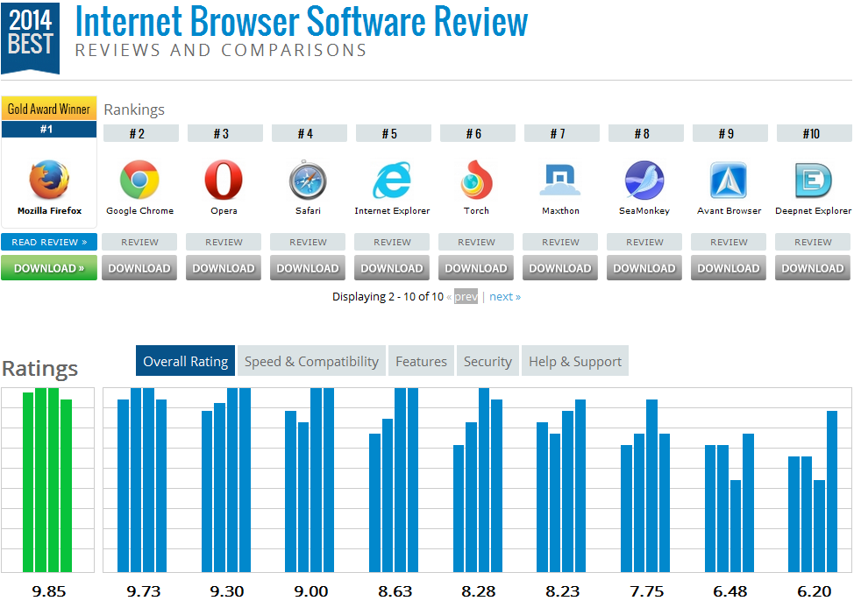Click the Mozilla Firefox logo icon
49,180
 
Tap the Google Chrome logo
139,180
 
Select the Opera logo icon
224,180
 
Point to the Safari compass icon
308,180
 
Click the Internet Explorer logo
392,180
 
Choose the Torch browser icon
476,180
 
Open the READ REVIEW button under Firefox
49,242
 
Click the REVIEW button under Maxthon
560,242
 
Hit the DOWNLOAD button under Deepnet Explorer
813,268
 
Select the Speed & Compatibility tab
311,361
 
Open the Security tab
487,361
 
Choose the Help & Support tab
574,361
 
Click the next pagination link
504,296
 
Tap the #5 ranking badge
389,133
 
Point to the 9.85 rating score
49,591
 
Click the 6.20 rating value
814,591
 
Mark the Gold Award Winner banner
49,109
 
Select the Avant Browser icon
729,180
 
